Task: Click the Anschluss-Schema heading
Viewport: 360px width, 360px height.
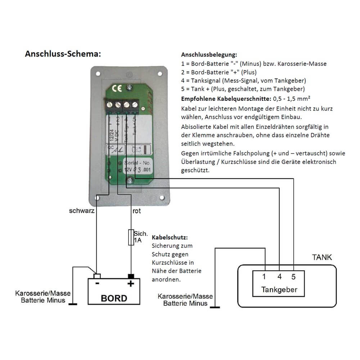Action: click(x=63, y=54)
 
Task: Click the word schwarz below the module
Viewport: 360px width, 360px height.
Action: click(x=82, y=211)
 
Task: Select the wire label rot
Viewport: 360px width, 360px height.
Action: click(x=136, y=211)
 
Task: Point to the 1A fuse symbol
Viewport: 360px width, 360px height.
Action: click(x=131, y=237)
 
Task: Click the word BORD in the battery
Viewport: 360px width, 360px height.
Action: click(x=114, y=298)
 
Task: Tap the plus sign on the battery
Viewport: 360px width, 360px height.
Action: click(x=131, y=284)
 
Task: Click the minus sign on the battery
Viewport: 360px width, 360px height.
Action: click(x=97, y=284)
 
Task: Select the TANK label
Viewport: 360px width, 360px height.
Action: click(x=322, y=257)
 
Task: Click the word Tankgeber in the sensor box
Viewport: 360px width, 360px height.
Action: click(x=279, y=289)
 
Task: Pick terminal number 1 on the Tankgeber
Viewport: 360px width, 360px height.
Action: click(x=264, y=277)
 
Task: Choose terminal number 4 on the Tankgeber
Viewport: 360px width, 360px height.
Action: click(x=280, y=277)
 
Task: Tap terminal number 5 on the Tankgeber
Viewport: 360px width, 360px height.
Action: click(x=293, y=277)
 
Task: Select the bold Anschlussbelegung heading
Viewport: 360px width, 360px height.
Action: click(x=209, y=55)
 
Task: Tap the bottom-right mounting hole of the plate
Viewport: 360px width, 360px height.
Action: click(x=162, y=198)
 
